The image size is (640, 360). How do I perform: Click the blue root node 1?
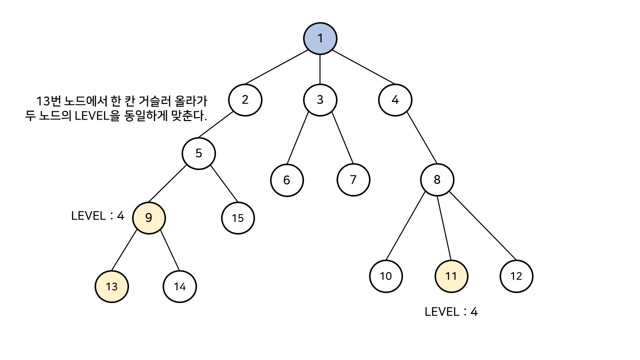[x=320, y=38]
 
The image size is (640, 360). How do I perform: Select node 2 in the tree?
[x=245, y=99]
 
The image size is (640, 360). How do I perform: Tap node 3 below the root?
[x=320, y=99]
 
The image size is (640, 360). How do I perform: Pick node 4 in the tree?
[x=395, y=99]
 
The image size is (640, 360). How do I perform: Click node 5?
[x=198, y=153]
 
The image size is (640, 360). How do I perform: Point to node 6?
[x=286, y=180]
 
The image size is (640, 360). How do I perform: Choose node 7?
[x=353, y=180]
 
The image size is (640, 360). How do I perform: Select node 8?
[x=437, y=180]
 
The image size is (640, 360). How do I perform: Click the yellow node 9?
[x=148, y=217]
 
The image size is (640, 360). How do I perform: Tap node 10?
[x=386, y=276]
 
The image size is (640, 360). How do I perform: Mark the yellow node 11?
[x=451, y=276]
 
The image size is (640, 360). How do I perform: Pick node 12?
[x=516, y=276]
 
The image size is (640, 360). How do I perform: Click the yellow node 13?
[x=111, y=286]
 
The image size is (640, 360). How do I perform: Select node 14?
[x=179, y=286]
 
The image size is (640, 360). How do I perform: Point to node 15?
[x=238, y=217]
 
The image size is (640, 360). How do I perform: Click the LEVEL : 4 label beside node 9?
[x=97, y=216]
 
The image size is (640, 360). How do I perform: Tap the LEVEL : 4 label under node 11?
[x=451, y=312]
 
